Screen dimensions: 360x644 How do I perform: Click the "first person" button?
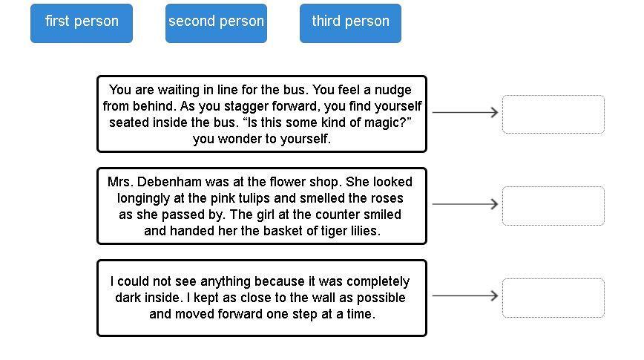click(82, 22)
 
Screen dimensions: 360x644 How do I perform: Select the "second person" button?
click(216, 22)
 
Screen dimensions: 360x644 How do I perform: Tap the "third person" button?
click(350, 22)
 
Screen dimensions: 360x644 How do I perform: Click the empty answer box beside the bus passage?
click(553, 114)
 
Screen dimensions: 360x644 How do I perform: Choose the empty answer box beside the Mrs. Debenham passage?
click(553, 206)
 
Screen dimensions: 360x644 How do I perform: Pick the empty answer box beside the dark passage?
click(553, 298)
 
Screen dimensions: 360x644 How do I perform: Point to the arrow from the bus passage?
click(465, 113)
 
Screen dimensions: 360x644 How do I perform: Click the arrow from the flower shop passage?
click(465, 204)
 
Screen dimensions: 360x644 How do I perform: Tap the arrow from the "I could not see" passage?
click(465, 295)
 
